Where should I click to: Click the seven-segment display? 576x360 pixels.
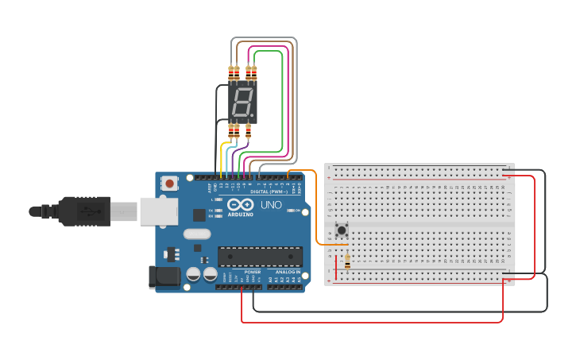pos(242,102)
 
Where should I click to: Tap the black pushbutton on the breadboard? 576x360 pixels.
pos(342,230)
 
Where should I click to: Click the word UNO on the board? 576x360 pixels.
pos(271,205)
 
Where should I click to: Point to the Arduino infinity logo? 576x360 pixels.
pos(240,205)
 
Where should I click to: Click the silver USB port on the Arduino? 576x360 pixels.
pos(158,211)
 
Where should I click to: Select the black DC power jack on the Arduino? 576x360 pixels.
pos(165,277)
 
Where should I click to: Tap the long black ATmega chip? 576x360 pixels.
pos(260,257)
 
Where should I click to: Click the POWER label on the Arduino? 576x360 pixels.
pos(253,272)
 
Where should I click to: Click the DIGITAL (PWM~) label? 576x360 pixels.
pos(268,192)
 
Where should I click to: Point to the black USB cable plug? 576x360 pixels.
pos(83,211)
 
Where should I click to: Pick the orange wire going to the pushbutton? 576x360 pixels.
pos(317,207)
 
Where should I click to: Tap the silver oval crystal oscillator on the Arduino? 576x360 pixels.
pos(196,234)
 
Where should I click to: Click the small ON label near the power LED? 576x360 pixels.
pos(296,211)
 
